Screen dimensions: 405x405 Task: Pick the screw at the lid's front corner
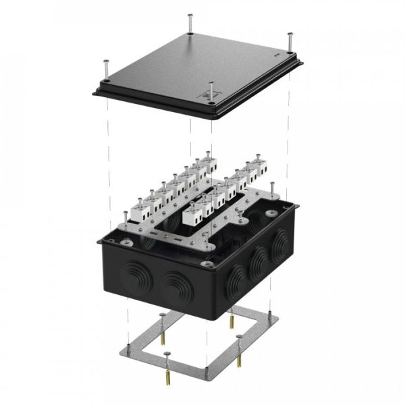211,93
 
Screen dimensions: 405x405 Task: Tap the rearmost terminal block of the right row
256,168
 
